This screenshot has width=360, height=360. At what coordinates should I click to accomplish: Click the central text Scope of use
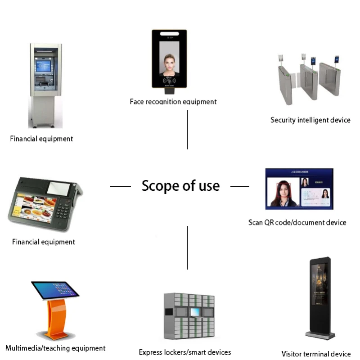(180, 185)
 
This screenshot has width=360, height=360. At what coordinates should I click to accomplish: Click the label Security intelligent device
(310, 120)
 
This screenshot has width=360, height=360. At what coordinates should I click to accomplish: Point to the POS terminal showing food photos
(45, 202)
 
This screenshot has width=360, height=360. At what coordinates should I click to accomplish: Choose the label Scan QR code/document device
(297, 222)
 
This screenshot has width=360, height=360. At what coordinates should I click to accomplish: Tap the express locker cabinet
(189, 317)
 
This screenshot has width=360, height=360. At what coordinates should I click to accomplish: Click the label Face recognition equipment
(173, 102)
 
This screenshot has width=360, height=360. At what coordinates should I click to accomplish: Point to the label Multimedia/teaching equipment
(55, 348)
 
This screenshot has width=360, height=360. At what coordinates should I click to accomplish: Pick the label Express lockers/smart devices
(185, 352)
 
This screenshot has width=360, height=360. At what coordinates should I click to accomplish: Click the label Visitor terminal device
(316, 354)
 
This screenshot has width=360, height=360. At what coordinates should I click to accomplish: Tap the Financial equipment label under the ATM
(41, 139)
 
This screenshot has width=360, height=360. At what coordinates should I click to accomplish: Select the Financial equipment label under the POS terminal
(43, 242)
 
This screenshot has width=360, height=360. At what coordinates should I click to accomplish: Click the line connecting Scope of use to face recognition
(187, 130)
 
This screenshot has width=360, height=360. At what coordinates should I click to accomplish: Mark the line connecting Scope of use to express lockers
(187, 247)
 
